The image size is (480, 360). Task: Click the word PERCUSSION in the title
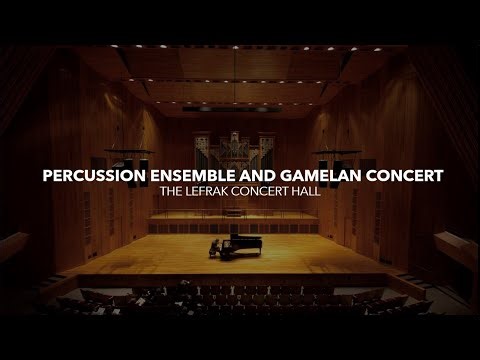[86, 176]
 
